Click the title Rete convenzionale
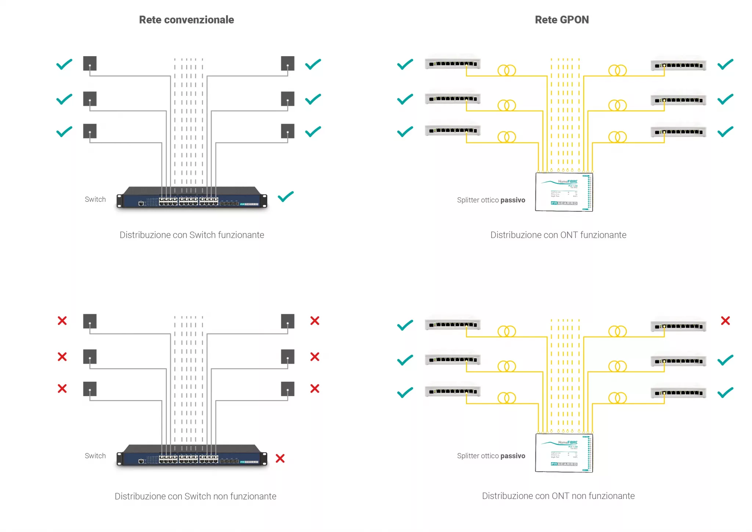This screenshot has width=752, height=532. (x=186, y=20)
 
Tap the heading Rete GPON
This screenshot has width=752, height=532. (x=561, y=20)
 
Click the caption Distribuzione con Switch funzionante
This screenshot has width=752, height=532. (x=192, y=235)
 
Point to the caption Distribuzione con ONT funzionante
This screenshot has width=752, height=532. (x=558, y=235)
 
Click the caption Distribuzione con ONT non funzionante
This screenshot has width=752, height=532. (x=558, y=496)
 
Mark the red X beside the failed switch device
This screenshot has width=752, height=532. (x=280, y=459)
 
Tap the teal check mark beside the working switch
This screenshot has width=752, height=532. (x=286, y=197)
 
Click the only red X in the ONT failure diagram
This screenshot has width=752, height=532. (x=725, y=321)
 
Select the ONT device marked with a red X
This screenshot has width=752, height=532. (x=678, y=326)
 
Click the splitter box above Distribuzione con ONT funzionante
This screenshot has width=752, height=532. (x=564, y=192)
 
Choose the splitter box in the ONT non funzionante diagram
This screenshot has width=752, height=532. (x=564, y=453)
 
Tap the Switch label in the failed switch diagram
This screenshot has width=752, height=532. (x=95, y=456)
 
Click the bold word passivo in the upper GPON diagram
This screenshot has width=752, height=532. (x=513, y=200)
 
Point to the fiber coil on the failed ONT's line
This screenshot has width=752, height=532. (x=617, y=331)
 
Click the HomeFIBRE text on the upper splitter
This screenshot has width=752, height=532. (x=568, y=181)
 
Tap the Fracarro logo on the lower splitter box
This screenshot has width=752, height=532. (x=564, y=464)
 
